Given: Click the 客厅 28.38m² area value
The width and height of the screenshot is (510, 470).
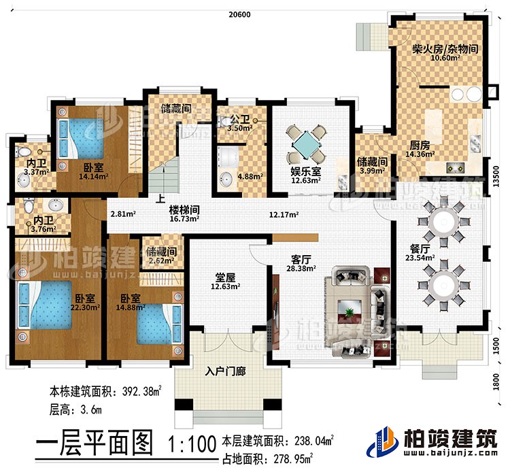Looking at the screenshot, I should tap(300, 269).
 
